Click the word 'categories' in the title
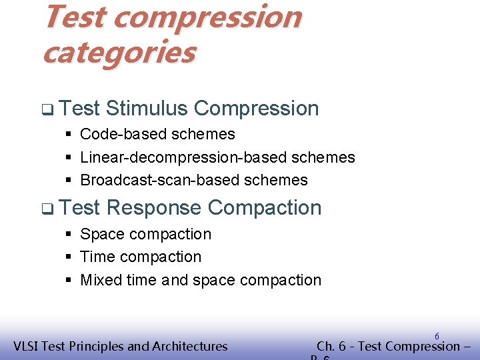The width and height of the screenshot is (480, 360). click(119, 52)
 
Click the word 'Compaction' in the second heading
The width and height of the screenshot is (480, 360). click(265, 207)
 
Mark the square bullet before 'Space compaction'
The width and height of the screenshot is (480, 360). click(69, 235)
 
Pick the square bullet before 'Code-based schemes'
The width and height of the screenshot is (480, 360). click(69, 135)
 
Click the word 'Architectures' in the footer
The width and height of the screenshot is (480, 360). click(190, 346)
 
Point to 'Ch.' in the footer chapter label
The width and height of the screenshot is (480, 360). click(326, 346)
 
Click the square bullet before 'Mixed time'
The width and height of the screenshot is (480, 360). click(69, 281)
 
